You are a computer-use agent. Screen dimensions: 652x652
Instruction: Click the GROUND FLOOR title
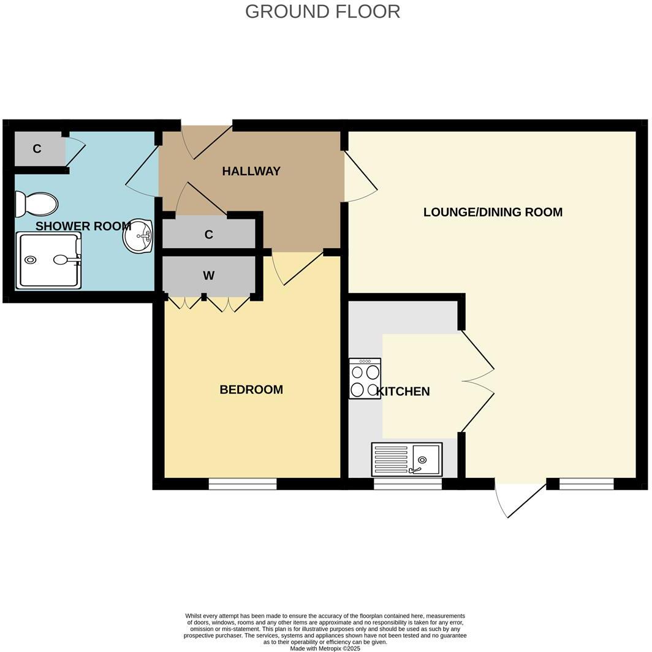pos(322,12)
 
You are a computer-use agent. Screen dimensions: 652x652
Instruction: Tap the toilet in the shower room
pos(36,204)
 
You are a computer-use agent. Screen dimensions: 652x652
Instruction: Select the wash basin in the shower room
pos(138,236)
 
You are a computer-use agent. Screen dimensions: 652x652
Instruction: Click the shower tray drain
pos(31,260)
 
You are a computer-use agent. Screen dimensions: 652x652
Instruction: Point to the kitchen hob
pos(365,379)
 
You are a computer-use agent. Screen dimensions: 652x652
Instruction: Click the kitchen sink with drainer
pos(407,459)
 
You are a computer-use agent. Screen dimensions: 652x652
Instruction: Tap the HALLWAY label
pos(251,172)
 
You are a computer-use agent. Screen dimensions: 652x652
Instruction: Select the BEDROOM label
pos(251,390)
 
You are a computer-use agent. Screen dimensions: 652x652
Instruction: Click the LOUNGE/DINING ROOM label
pos(493,212)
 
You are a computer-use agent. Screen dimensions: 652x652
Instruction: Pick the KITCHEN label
pos(403,392)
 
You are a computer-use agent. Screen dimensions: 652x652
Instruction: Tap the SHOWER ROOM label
pos(83,226)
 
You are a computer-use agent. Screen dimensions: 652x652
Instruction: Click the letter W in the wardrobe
pos(209,275)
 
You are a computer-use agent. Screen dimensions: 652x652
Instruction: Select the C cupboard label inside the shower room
pos(37,148)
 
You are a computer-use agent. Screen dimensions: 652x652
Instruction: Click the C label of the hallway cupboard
pos(209,235)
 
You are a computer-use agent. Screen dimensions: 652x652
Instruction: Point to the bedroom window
pos(243,483)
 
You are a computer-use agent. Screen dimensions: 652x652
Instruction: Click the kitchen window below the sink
pos(408,483)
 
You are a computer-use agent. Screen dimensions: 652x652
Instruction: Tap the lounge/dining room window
pos(586,483)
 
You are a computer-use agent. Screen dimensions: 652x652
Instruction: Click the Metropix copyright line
pos(325,648)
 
